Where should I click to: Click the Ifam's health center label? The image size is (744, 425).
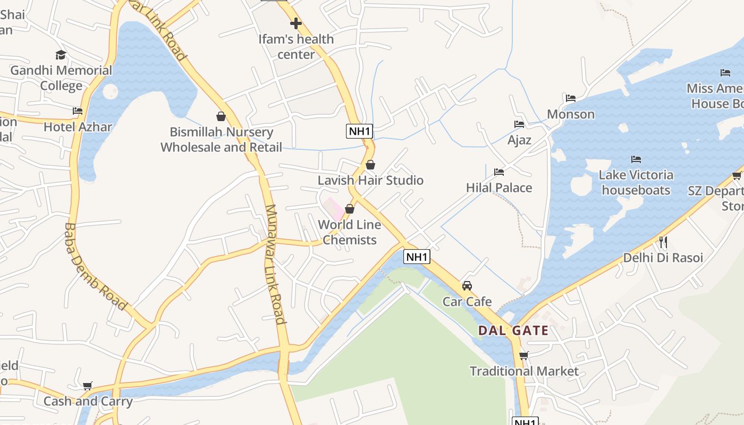[296, 47]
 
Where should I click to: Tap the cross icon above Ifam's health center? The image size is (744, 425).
[296, 23]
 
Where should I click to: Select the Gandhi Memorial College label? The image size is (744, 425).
[61, 78]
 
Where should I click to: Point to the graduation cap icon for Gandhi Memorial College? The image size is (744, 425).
[61, 55]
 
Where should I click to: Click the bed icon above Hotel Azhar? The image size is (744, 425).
[78, 110]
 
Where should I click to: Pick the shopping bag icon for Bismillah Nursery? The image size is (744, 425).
[221, 116]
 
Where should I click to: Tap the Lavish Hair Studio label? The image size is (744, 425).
[370, 180]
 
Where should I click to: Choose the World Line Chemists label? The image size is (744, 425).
[350, 232]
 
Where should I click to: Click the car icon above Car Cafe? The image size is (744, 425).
[467, 286]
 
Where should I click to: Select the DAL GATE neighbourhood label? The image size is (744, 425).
[513, 330]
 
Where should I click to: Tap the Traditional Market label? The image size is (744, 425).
[524, 371]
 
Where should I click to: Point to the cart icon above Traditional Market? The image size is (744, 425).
[524, 355]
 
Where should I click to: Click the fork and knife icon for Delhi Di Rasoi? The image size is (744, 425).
[663, 242]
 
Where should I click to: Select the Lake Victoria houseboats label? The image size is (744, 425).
[636, 182]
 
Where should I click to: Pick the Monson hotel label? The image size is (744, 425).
[571, 114]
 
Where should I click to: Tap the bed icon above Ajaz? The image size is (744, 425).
[519, 124]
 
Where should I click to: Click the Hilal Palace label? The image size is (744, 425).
[499, 188]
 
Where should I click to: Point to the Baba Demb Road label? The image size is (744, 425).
[95, 267]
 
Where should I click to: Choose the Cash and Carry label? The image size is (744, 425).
[88, 401]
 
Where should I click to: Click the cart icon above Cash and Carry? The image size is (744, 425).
[88, 386]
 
